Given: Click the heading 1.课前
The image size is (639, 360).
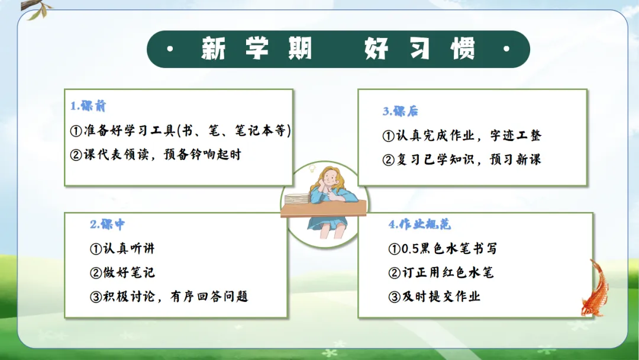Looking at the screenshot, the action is coord(88,106).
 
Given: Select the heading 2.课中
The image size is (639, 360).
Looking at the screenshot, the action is coord(108,224).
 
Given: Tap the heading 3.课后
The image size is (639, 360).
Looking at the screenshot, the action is coord(400,111).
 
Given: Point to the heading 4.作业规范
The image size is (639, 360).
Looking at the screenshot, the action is coord(419,224).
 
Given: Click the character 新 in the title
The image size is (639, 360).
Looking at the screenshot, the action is coord(214,49).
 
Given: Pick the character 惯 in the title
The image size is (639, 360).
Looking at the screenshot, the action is coord(463,49).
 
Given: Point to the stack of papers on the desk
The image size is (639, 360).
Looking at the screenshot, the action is coord(298,200).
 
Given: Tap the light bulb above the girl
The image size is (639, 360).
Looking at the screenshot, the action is coord(312,168).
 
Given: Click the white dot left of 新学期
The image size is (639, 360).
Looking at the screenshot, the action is coord(170,49).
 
